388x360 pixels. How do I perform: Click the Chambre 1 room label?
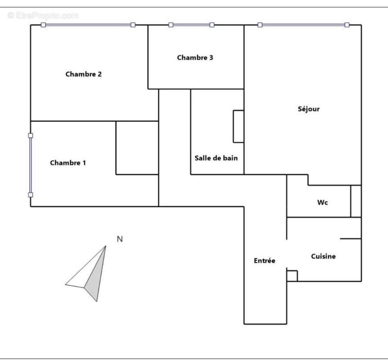pyautogui.click(x=68, y=162)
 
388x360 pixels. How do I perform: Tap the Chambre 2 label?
pyautogui.click(x=83, y=74)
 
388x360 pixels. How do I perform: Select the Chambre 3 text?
pyautogui.click(x=195, y=58)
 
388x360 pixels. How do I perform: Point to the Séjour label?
pyautogui.click(x=308, y=109)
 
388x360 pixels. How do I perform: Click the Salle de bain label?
pyautogui.click(x=216, y=158)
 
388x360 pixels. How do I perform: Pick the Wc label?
pyautogui.click(x=322, y=202)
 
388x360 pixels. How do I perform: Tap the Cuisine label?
pyautogui.click(x=323, y=256)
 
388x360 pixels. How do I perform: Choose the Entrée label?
pyautogui.click(x=264, y=261)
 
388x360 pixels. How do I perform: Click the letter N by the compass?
pyautogui.click(x=120, y=239)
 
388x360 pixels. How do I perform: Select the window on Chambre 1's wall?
pyautogui.click(x=31, y=165)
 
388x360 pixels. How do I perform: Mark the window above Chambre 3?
pyautogui.click(x=191, y=25)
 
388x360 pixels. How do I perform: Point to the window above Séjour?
pyautogui.click(x=303, y=25)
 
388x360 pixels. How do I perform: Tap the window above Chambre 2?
pyautogui.click(x=88, y=25)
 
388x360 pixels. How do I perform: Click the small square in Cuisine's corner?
pyautogui.click(x=292, y=276)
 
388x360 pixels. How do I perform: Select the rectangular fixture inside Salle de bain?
pyautogui.click(x=239, y=126)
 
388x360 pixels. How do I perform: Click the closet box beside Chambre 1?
pyautogui.click(x=137, y=148)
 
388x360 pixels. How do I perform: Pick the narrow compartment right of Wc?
pyautogui.click(x=356, y=201)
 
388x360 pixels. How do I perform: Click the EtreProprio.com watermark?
pyautogui.click(x=43, y=15)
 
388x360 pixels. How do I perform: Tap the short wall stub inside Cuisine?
pyautogui.click(x=351, y=238)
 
